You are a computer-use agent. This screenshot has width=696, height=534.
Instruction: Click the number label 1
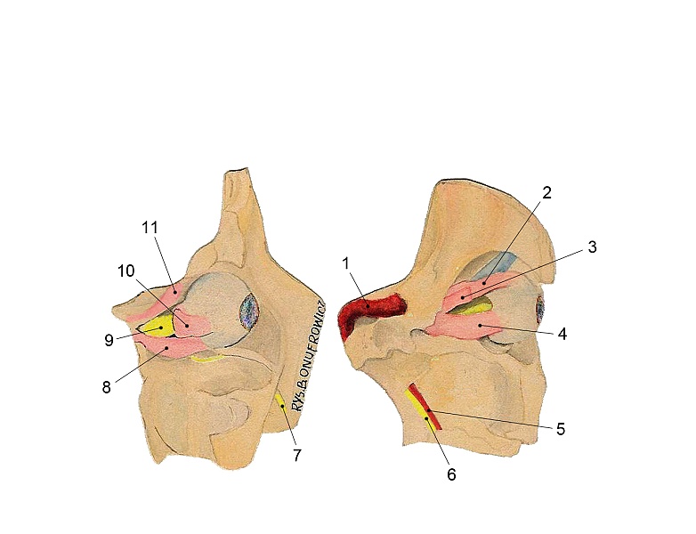(346, 263)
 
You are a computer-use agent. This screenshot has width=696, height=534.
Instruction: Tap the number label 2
(546, 192)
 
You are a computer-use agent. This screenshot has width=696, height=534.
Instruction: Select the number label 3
(592, 247)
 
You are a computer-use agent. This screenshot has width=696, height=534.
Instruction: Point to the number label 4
(562, 334)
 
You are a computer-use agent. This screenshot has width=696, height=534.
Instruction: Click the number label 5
(561, 429)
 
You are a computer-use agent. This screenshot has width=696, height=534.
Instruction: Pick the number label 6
(451, 474)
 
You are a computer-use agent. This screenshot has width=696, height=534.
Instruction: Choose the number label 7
(297, 455)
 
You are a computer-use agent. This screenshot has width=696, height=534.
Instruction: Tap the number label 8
(106, 387)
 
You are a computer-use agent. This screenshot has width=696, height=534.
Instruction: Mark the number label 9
(109, 340)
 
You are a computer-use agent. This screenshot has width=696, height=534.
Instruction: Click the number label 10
(126, 271)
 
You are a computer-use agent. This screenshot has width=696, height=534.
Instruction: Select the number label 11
(150, 227)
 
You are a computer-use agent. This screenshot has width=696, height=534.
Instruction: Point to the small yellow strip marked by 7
(280, 401)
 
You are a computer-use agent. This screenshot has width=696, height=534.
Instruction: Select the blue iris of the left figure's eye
(249, 311)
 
